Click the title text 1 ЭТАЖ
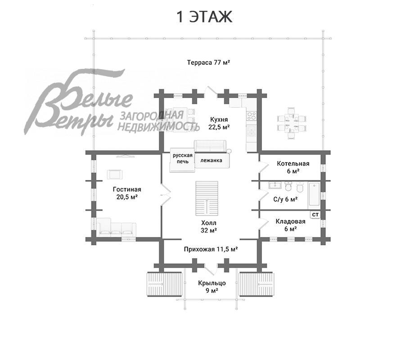coord(204,17)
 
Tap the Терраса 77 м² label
coord(209,63)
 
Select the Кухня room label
coord(219,123)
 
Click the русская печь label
coord(183,158)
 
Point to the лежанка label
coord(211,160)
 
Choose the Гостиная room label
coord(127,193)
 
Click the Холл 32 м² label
coord(209,226)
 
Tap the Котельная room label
coord(293,167)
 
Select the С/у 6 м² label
coord(285,199)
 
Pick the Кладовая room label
coord(291,225)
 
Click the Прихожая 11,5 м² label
coord(211,249)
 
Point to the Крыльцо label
coord(212,287)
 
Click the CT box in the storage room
coord(315,215)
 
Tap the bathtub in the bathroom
coord(314,195)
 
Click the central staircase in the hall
coord(207,198)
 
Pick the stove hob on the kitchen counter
coord(252,116)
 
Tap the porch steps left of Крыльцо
coord(164,284)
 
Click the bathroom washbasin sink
coord(275,185)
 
